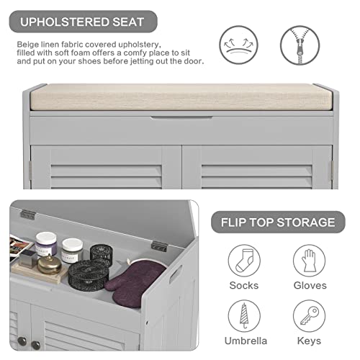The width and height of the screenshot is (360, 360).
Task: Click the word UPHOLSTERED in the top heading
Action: (60, 22)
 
